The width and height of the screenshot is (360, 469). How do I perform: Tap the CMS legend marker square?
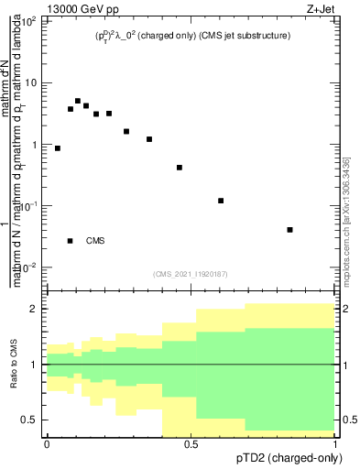point(71,241)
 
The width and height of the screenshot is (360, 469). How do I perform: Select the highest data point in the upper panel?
point(78,101)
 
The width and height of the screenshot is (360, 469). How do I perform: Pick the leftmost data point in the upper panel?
point(58,148)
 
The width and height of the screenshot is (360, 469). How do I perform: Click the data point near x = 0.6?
point(221,201)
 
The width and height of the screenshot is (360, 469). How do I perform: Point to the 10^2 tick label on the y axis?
point(30,21)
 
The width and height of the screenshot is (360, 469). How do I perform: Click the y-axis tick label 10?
point(32,83)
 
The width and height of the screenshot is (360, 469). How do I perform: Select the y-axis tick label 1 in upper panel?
point(36,145)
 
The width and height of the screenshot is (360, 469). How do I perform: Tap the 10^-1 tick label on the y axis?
point(30,206)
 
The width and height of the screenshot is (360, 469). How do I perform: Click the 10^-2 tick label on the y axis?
point(30,267)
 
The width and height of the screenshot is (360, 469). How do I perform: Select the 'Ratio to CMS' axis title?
point(14,364)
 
